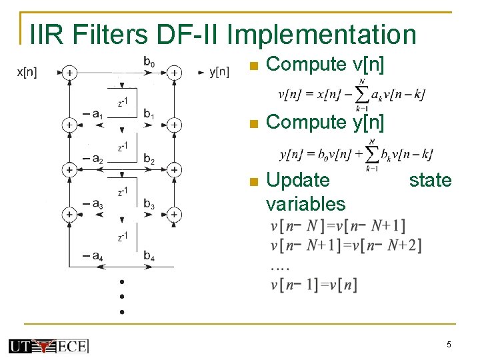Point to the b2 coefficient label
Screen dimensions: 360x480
[149, 160]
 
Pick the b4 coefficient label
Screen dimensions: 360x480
[149, 255]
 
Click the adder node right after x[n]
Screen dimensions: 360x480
[69, 72]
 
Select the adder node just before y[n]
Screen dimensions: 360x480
[173, 72]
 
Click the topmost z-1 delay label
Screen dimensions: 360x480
[123, 101]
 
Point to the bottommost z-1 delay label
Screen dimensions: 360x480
[123, 237]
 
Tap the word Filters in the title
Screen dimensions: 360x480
[109, 34]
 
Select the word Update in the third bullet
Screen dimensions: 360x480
[297, 180]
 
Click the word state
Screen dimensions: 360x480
[430, 180]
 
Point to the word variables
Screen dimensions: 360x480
[305, 203]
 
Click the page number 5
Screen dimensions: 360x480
[449, 345]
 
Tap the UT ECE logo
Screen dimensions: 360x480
[48, 345]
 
